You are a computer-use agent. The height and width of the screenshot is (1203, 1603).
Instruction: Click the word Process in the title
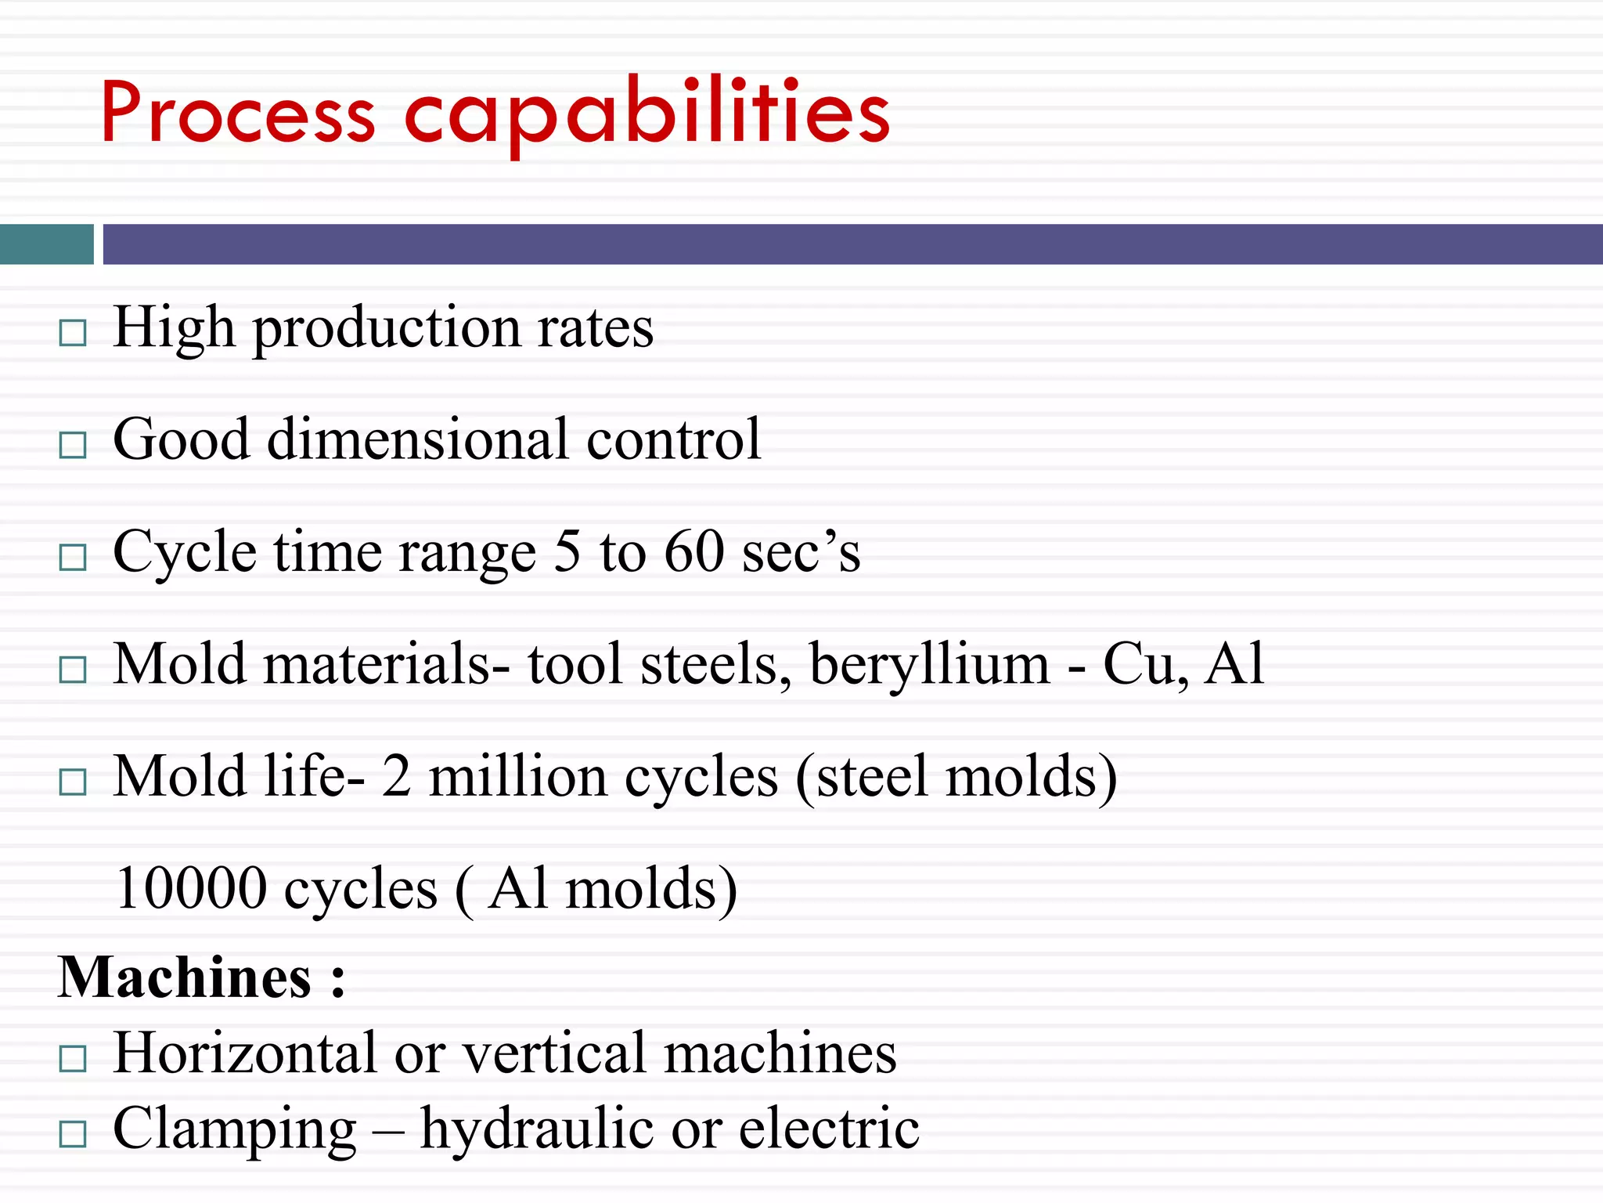click(x=237, y=114)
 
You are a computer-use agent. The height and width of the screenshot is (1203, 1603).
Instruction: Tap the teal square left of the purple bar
click(x=46, y=244)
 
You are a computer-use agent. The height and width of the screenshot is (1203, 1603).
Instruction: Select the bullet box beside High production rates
click(x=73, y=333)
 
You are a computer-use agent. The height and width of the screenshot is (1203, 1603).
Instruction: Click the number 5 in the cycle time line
click(x=567, y=552)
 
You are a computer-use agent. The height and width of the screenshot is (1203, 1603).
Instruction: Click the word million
click(x=517, y=777)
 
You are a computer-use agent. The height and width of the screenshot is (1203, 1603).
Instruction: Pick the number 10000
click(x=191, y=889)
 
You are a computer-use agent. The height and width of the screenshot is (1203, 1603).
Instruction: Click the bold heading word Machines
click(x=185, y=978)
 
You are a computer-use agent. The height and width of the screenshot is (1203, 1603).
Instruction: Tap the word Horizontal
click(x=246, y=1053)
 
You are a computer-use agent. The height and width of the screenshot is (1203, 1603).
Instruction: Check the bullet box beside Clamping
click(x=73, y=1133)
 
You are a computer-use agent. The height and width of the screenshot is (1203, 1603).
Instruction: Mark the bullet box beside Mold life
click(x=73, y=782)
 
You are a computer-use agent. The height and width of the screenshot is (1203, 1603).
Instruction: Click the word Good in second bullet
click(x=181, y=439)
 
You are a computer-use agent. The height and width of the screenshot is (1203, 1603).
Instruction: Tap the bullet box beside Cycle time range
click(x=73, y=558)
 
